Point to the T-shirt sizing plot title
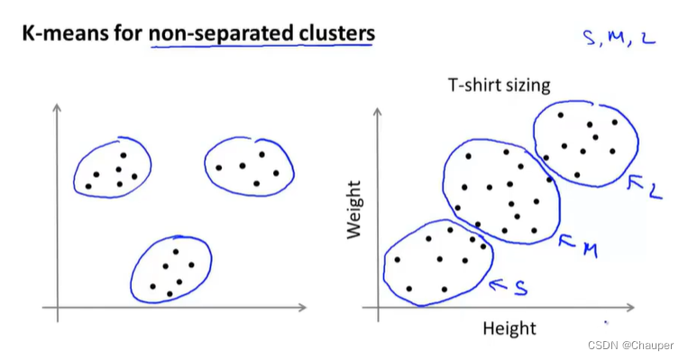(x=500, y=87)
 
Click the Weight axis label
(x=354, y=209)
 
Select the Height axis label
(x=509, y=328)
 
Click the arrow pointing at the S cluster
(x=497, y=285)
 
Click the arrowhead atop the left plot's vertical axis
(x=58, y=107)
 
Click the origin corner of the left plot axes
(x=58, y=309)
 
